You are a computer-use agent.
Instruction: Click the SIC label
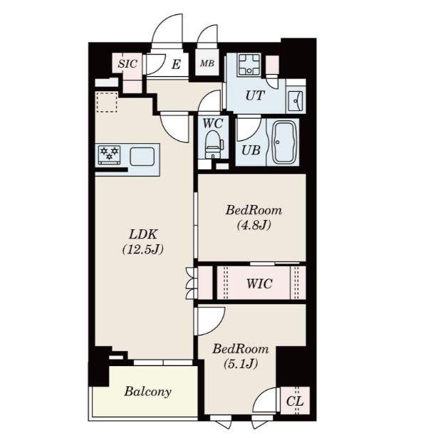pyautogui.click(x=128, y=64)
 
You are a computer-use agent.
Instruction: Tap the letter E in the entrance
pyautogui.click(x=176, y=65)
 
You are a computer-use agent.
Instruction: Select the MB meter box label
pyautogui.click(x=207, y=63)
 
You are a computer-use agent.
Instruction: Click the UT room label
pyautogui.click(x=255, y=95)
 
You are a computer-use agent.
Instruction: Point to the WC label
pyautogui.click(x=213, y=123)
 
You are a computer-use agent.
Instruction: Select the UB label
pyautogui.click(x=251, y=150)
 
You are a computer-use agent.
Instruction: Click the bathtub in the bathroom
pyautogui.click(x=284, y=142)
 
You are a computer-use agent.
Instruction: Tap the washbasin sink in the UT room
pyautogui.click(x=296, y=100)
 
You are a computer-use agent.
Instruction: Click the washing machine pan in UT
pyautogui.click(x=249, y=65)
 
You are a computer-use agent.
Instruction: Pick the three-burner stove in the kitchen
pyautogui.click(x=109, y=155)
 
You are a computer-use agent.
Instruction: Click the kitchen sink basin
pyautogui.click(x=142, y=156)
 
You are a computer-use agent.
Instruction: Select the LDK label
pyautogui.click(x=143, y=234)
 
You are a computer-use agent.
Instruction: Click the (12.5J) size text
pyautogui.click(x=142, y=249)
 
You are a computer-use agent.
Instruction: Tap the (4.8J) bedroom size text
pyautogui.click(x=254, y=225)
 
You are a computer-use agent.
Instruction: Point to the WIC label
pyautogui.click(x=259, y=283)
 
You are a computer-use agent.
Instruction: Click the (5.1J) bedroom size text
pyautogui.click(x=241, y=364)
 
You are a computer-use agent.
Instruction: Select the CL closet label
pyautogui.click(x=295, y=402)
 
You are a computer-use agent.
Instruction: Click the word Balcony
pyautogui.click(x=147, y=392)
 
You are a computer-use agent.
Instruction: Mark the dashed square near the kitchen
pyautogui.click(x=107, y=102)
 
